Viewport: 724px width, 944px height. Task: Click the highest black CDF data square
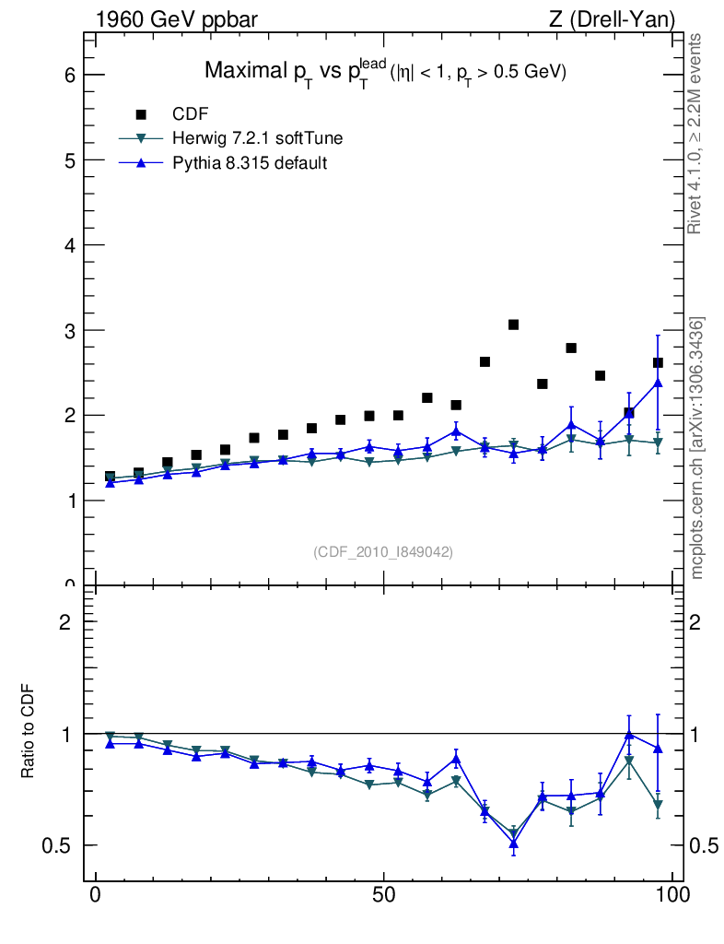click(513, 324)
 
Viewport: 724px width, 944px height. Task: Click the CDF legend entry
click(191, 114)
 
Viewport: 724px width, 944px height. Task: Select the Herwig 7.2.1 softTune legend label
click(257, 138)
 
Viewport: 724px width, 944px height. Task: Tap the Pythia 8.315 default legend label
click(250, 163)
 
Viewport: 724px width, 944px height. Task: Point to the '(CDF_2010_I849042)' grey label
click(383, 551)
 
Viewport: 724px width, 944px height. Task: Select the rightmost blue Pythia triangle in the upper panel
click(657, 383)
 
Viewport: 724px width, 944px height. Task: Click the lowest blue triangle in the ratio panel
click(513, 843)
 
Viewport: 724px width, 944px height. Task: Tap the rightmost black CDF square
click(657, 362)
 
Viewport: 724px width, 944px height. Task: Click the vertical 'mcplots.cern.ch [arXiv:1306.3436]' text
click(698, 448)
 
